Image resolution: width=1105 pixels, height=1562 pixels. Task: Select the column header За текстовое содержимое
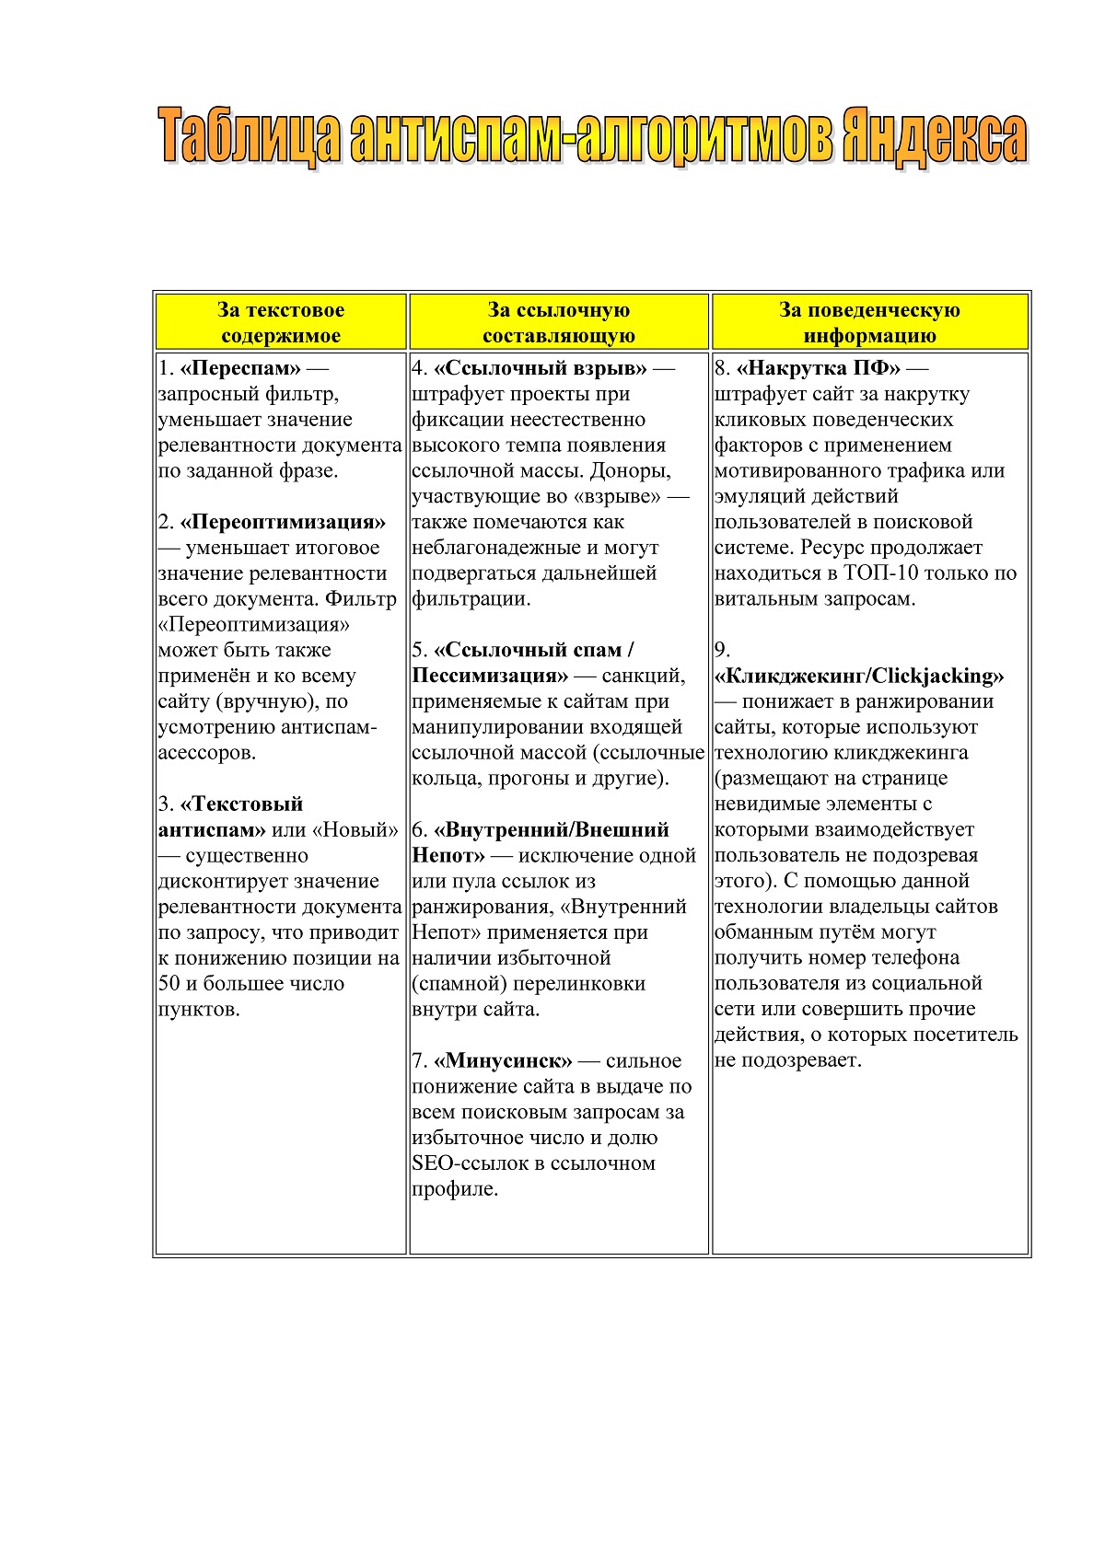click(281, 322)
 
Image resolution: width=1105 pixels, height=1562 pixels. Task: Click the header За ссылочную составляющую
click(559, 322)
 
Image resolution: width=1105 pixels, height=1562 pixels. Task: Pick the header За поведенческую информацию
click(869, 322)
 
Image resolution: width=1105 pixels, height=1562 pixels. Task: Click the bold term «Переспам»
click(240, 368)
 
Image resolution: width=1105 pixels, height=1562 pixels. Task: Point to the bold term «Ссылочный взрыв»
click(541, 368)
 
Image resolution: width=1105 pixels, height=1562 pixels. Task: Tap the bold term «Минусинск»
click(503, 1061)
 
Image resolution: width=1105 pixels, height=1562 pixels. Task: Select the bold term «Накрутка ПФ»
click(818, 368)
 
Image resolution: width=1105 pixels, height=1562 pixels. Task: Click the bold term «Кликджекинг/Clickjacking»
click(859, 676)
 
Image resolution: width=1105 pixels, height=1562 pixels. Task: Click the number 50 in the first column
click(169, 984)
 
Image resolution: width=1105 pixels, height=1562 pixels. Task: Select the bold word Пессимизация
click(490, 676)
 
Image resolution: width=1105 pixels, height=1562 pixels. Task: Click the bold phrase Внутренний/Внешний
click(552, 830)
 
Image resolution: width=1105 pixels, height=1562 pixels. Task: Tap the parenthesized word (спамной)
click(459, 984)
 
